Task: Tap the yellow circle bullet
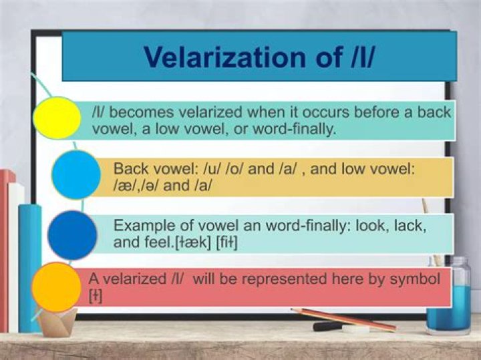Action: click(57, 118)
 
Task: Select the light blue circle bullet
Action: click(75, 174)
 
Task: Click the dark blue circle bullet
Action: click(72, 234)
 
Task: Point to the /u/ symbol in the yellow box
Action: click(208, 169)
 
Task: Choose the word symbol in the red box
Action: click(418, 278)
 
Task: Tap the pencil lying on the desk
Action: click(343, 319)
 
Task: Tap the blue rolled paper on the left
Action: click(29, 267)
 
